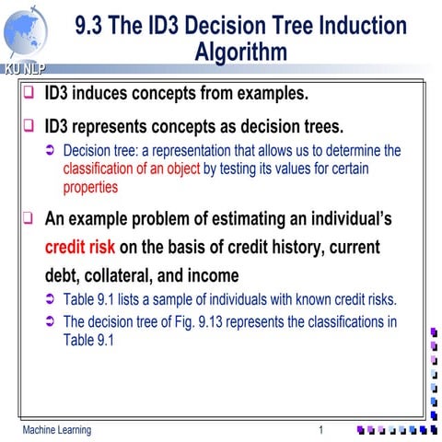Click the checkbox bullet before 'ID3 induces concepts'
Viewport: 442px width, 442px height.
(x=29, y=93)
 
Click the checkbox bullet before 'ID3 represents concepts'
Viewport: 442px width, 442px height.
(x=29, y=125)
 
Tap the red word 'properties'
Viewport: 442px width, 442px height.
(x=90, y=187)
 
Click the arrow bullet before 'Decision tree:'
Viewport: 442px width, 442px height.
(x=51, y=150)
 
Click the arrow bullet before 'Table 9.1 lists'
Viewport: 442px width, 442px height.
(x=51, y=299)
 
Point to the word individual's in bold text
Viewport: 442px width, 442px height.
(x=345, y=220)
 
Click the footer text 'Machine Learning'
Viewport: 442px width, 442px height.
(x=57, y=430)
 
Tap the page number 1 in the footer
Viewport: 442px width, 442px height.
(x=320, y=430)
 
